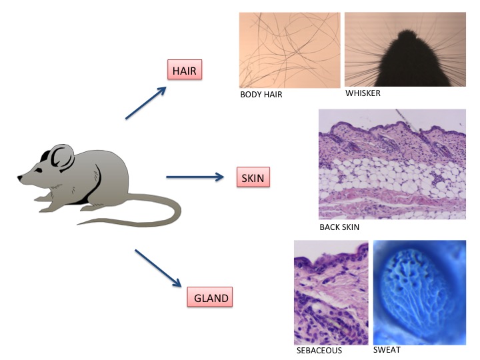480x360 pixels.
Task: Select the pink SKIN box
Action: (253, 177)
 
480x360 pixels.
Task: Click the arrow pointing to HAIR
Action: (145, 103)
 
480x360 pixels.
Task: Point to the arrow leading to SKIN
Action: (194, 177)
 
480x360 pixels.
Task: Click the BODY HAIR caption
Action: (261, 95)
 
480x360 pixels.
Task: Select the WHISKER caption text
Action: (363, 93)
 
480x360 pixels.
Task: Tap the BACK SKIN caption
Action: (339, 227)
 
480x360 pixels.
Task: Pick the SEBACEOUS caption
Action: (319, 350)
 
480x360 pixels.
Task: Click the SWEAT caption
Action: (387, 349)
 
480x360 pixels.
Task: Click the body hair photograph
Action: (290, 50)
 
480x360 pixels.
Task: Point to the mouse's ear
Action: (61, 159)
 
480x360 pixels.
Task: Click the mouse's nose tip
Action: (19, 178)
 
